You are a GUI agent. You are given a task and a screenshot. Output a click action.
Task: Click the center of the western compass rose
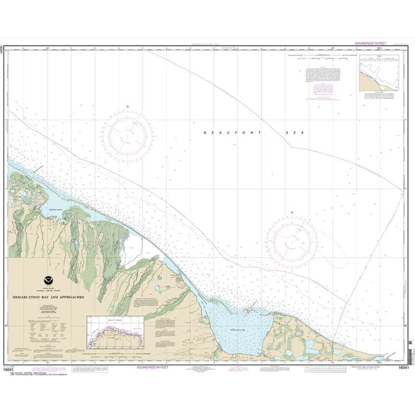(128, 135)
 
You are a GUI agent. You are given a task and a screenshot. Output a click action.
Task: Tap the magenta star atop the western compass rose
(128, 106)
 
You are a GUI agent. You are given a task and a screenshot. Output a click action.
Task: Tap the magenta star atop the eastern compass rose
(292, 213)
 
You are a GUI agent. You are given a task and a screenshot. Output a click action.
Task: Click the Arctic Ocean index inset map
(115, 332)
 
